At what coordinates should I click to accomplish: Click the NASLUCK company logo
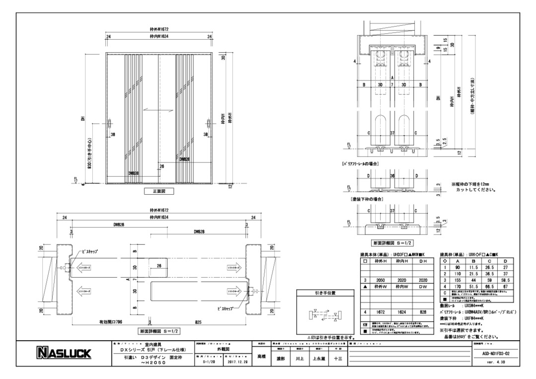[65, 353]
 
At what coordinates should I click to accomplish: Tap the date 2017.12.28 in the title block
[234, 363]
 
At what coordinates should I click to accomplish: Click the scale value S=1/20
[210, 363]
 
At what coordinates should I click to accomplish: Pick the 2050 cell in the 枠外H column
[381, 280]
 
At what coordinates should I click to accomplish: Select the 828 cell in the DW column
[423, 312]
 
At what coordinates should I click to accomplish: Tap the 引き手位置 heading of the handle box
[325, 293]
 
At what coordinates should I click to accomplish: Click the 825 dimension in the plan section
[198, 322]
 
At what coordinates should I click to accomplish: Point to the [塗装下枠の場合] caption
[368, 199]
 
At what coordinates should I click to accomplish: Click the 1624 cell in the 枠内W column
[402, 312]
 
